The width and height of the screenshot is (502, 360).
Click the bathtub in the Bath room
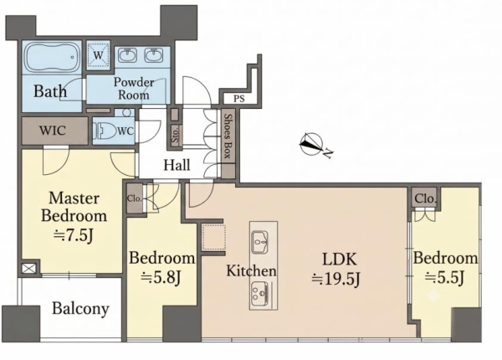tap(52, 58)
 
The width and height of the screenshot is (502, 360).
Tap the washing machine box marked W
tap(98, 55)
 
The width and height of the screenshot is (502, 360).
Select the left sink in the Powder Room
tap(127, 55)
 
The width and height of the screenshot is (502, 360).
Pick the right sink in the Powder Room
tap(153, 55)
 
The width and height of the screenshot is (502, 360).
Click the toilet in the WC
tap(103, 131)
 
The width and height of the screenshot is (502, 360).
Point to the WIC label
tap(53, 131)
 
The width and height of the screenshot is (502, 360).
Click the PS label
tap(238, 99)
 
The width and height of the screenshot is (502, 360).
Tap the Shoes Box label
tap(228, 136)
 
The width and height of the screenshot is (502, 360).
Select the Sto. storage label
tap(175, 136)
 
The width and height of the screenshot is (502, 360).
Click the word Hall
tap(177, 165)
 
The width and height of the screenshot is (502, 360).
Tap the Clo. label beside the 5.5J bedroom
tap(426, 198)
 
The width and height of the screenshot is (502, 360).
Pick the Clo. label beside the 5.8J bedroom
tap(135, 198)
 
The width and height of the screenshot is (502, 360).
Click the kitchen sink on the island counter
tap(260, 242)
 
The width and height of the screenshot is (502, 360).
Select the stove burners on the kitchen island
tap(259, 293)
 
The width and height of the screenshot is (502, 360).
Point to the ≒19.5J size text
tap(336, 279)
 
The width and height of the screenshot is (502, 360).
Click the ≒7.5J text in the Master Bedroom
tap(74, 236)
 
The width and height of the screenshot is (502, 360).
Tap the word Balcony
tap(80, 309)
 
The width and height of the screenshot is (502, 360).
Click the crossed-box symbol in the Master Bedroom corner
tap(28, 269)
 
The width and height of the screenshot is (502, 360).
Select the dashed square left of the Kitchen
tap(213, 238)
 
